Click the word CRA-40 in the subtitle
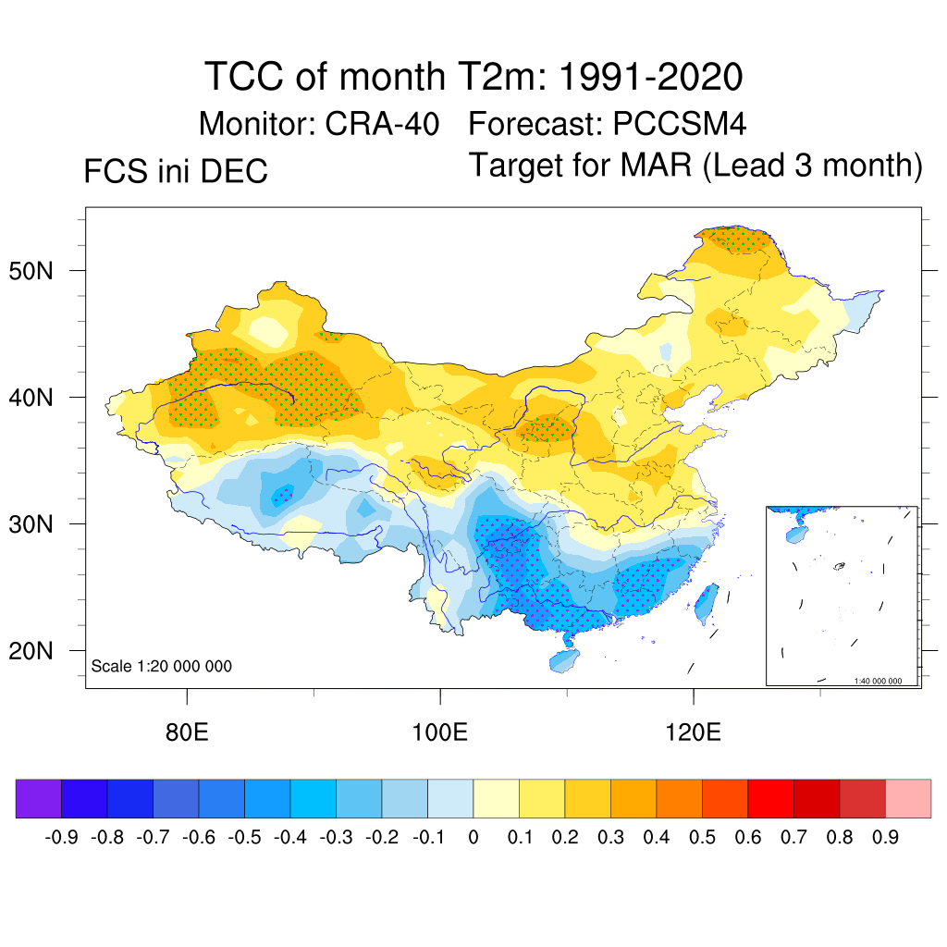tap(382, 124)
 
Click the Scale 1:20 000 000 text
tap(162, 667)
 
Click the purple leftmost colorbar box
tap(39, 798)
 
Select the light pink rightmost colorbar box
tap(908, 798)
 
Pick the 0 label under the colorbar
tap(473, 838)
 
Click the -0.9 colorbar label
tap(61, 838)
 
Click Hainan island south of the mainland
tap(563, 660)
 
